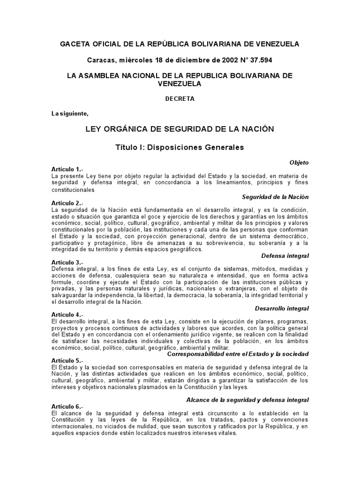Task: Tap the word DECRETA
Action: (180, 99)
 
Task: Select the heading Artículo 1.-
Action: (67, 169)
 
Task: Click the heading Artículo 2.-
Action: (67, 203)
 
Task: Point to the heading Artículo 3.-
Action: (67, 262)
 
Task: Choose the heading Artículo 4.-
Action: (67, 315)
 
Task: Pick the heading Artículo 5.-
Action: (67, 360)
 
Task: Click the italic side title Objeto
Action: (299, 163)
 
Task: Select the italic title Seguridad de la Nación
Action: (275, 197)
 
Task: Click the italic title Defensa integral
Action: (285, 256)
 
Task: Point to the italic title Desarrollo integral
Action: (282, 308)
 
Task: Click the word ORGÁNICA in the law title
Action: (137, 129)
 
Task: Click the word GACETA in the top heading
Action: (76, 44)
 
